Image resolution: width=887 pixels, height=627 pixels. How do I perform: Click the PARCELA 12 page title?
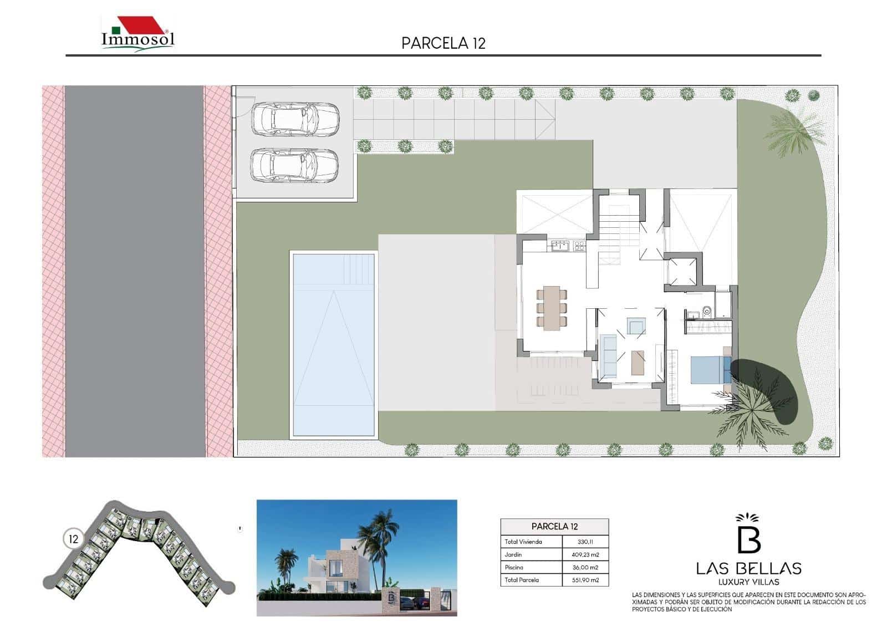[443, 43]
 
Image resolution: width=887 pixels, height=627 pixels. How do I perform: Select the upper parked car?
[294, 119]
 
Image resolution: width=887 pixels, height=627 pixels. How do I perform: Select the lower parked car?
[294, 165]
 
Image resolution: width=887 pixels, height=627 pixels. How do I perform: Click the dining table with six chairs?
[552, 308]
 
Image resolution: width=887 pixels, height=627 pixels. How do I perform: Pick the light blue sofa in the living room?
[609, 356]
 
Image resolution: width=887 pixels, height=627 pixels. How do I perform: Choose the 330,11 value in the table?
[585, 542]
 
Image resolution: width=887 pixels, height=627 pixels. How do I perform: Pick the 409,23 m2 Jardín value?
[585, 554]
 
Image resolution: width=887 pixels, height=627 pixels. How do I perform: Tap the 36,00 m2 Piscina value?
[585, 567]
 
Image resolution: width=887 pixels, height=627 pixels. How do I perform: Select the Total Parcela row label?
[522, 580]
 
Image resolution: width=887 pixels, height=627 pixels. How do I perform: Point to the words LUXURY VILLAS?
[748, 582]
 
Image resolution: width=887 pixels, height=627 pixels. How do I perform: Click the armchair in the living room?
[636, 325]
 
